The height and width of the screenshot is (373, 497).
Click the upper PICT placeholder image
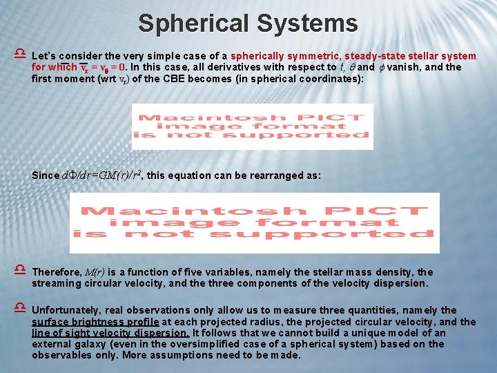(x=252, y=126)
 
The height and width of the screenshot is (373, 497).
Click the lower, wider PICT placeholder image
(x=254, y=222)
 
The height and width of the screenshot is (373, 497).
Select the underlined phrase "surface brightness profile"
(x=95, y=322)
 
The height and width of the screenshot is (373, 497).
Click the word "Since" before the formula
(x=46, y=175)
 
